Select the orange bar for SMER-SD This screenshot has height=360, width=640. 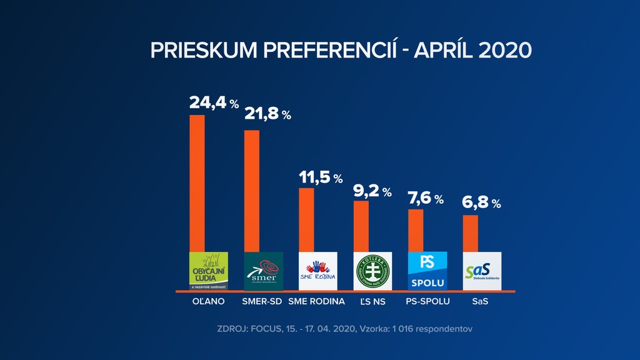point(251,191)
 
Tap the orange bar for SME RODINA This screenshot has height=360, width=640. point(306,219)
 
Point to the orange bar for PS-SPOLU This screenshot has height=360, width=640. point(416,230)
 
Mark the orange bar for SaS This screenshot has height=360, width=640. point(470,233)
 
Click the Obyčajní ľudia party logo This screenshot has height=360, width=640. point(209,271)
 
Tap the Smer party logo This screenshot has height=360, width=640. point(263,271)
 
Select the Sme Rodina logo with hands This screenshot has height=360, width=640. point(318,271)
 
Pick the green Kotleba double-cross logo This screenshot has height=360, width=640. point(372,271)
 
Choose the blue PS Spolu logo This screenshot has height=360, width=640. point(427,271)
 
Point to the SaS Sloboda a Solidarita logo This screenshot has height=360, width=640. point(482,271)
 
